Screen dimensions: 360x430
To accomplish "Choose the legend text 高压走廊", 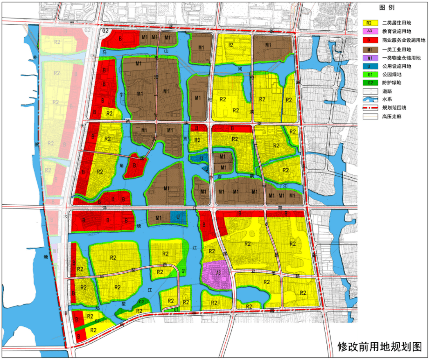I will coord(391,117).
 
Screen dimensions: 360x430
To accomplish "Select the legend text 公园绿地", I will coord(391,75).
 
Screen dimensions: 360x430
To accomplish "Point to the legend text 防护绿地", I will coord(391,83).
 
